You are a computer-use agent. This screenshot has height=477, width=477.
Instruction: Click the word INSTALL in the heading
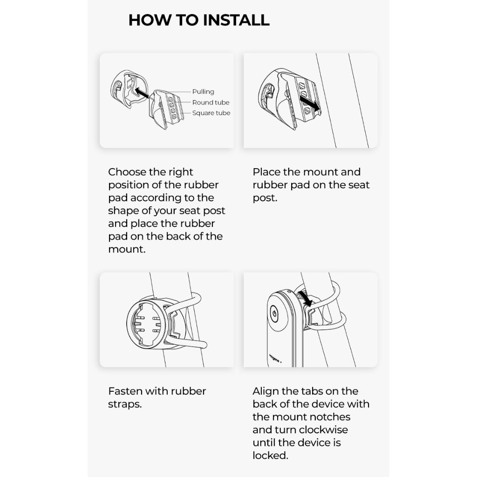tap(236, 20)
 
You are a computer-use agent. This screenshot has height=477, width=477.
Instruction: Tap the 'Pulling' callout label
tap(203, 92)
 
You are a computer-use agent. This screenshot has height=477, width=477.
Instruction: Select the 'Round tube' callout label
tap(211, 102)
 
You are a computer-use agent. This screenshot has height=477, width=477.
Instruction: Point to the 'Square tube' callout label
tap(211, 113)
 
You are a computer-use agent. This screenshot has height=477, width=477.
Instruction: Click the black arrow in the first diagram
tap(142, 93)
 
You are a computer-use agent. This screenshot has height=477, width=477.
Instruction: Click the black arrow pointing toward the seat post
tap(310, 103)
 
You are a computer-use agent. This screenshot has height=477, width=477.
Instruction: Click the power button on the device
tap(274, 313)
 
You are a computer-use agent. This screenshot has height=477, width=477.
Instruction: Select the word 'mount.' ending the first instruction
tap(127, 250)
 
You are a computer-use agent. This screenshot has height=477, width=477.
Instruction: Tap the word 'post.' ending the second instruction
tap(265, 198)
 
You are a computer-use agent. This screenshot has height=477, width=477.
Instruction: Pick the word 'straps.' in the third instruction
tap(125, 404)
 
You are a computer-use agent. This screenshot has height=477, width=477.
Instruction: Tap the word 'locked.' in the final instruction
tap(271, 456)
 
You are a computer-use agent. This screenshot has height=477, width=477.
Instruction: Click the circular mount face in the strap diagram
tap(147, 323)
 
